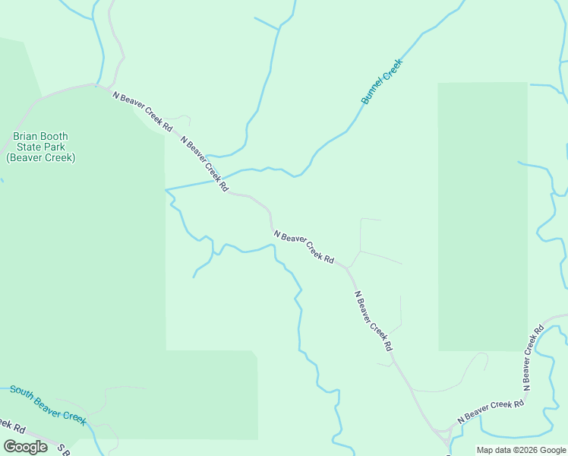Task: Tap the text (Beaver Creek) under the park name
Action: (41, 157)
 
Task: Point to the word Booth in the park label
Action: (55, 137)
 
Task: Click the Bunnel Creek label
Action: (381, 82)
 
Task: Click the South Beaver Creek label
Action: (48, 404)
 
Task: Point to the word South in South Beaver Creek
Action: (22, 394)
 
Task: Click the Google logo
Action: (25, 447)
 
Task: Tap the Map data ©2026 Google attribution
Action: (521, 450)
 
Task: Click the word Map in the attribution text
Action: (485, 450)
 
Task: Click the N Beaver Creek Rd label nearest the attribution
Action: (491, 410)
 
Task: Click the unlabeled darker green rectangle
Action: (482, 217)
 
